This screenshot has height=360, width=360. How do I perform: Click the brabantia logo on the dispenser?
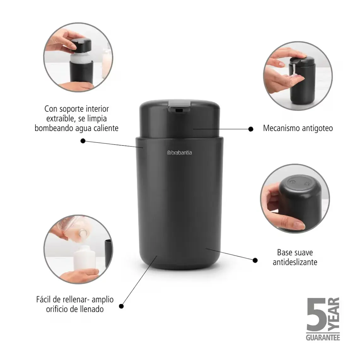pyautogui.click(x=180, y=153)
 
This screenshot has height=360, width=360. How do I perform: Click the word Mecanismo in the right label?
pyautogui.click(x=282, y=128)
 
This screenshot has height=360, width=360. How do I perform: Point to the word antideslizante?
pyautogui.click(x=295, y=262)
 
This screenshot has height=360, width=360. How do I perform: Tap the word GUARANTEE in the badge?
pyautogui.click(x=323, y=338)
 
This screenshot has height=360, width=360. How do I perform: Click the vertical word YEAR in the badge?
pyautogui.click(x=334, y=314)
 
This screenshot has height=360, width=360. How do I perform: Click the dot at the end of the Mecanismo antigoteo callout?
pyautogui.click(x=251, y=129)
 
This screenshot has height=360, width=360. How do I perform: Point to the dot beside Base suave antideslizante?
pyautogui.click(x=255, y=260)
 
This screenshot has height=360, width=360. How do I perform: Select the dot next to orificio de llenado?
pyautogui.click(x=121, y=306)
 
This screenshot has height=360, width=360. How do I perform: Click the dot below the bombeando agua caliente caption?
pyautogui.click(x=83, y=141)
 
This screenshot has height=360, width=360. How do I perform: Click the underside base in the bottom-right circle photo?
pyautogui.click(x=300, y=183)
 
